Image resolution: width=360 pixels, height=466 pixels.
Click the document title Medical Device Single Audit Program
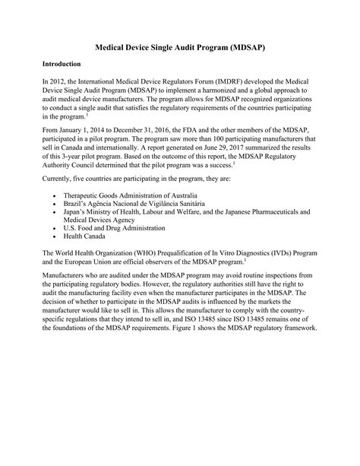click(179, 47)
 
